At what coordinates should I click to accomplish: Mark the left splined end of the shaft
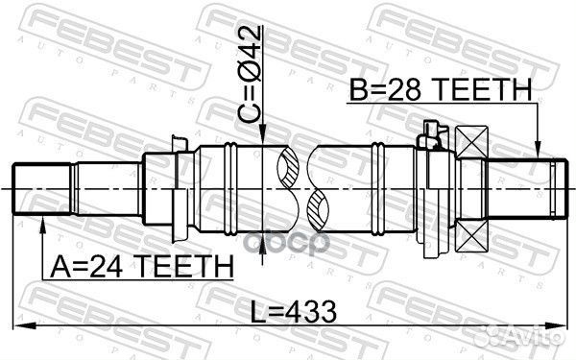coord(37,189)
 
